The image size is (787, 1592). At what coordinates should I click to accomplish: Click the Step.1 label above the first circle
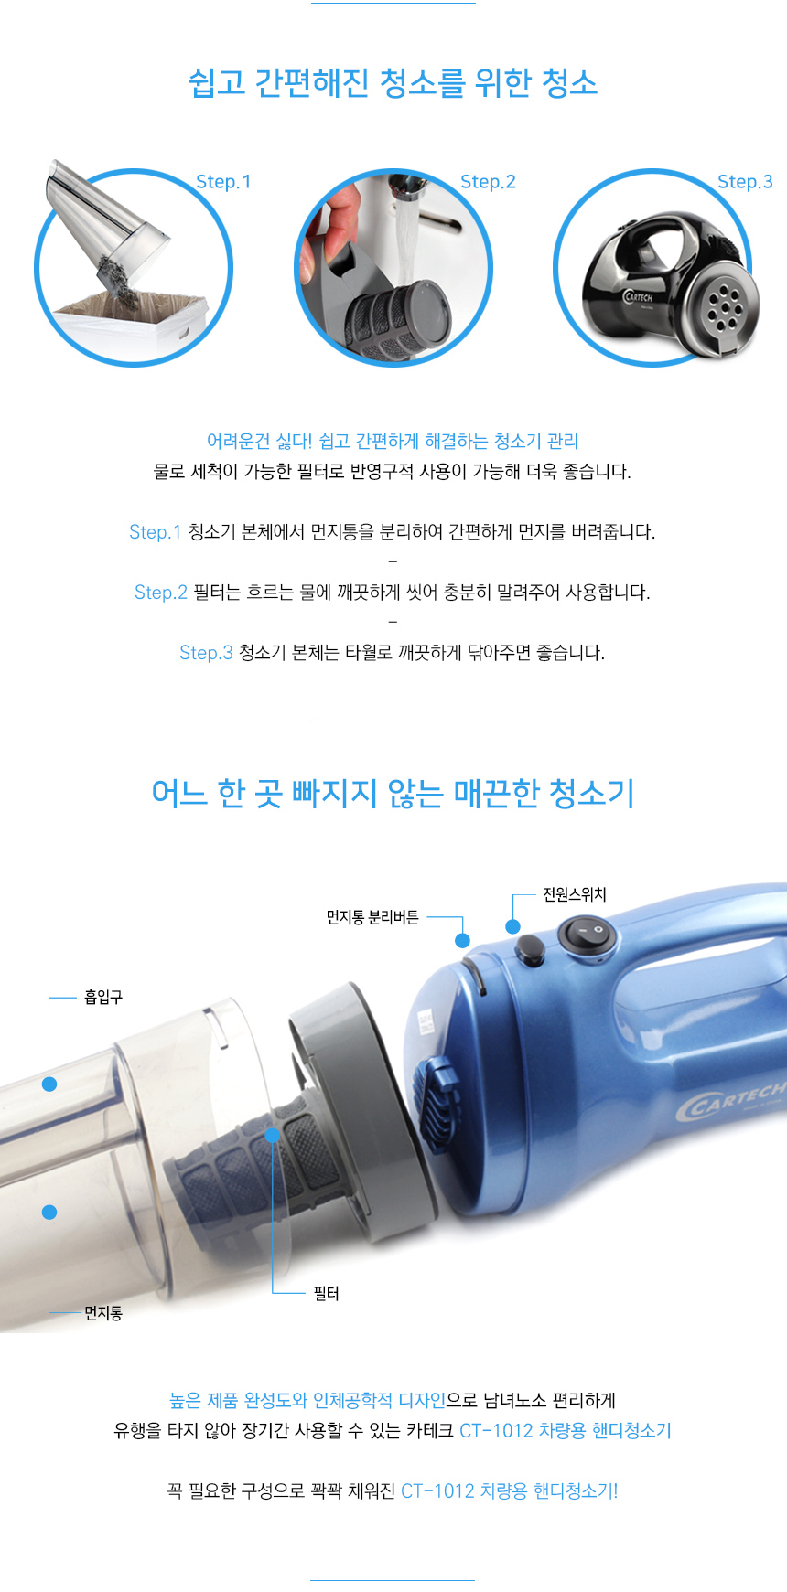coord(223,182)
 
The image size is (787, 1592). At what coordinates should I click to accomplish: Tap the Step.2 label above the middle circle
coord(488,182)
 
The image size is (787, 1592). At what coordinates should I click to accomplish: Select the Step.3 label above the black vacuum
coord(745,182)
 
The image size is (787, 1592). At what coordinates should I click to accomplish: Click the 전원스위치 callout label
coord(575,894)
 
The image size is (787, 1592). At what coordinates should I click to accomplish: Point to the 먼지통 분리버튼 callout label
coord(372,917)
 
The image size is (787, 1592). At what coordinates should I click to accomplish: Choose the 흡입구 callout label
coord(103,997)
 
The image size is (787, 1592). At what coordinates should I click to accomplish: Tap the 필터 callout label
coord(326,1293)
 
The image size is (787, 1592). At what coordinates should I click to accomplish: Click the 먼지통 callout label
coord(103,1313)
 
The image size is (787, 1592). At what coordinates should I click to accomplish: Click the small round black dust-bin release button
coord(530,950)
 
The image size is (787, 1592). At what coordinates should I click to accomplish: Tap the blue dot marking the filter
coord(273,1135)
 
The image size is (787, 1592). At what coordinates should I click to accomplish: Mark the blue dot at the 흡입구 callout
coord(49,1084)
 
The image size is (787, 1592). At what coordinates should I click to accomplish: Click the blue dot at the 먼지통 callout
coord(49,1212)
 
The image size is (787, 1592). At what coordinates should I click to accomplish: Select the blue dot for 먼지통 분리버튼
coord(462,940)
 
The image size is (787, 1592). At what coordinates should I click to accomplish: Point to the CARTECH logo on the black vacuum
coord(638,296)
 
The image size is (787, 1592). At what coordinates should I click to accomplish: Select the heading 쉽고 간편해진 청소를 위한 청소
coord(393,82)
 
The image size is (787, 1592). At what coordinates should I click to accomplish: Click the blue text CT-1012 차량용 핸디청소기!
coord(510,1490)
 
